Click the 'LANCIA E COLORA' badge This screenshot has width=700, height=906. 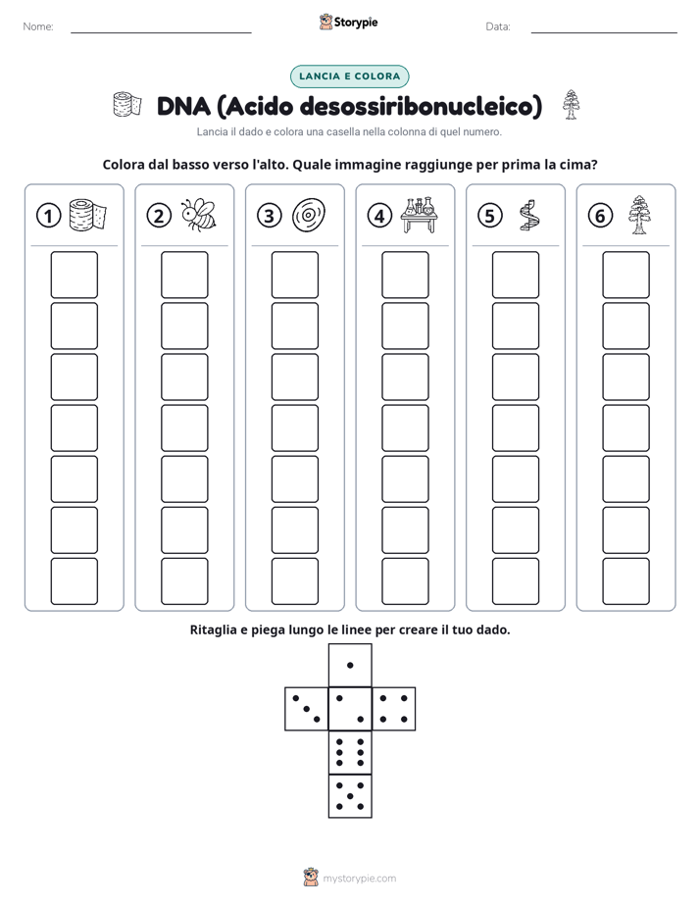click(349, 76)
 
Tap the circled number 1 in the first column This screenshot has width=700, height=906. click(48, 216)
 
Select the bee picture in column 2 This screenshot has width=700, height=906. click(199, 215)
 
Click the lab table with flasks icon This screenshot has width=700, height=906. click(420, 215)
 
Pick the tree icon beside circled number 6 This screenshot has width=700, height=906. click(638, 215)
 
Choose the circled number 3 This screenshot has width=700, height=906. click(270, 216)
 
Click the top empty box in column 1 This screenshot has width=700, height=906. click(74, 275)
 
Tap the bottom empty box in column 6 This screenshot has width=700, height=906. click(625, 581)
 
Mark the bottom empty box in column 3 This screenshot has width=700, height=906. click(294, 581)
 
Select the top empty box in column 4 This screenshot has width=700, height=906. click(405, 275)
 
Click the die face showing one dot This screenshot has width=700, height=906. click(350, 666)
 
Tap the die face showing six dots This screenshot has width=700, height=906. click(350, 753)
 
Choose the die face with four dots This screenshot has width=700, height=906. click(394, 709)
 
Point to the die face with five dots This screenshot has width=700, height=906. click(350, 796)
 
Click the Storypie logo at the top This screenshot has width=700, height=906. click(348, 23)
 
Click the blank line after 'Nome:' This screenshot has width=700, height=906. click(161, 32)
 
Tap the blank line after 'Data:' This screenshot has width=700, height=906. click(604, 32)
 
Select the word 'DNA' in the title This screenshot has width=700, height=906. click(183, 106)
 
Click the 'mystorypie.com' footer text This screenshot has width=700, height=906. click(359, 879)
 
